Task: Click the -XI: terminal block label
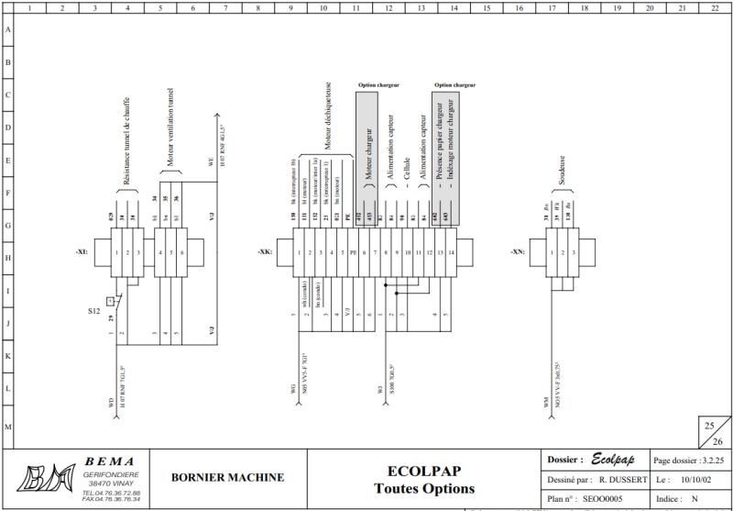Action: pyautogui.click(x=82, y=250)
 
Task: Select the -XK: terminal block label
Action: pyautogui.click(x=264, y=250)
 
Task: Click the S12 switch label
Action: pyautogui.click(x=94, y=312)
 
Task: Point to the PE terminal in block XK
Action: pyautogui.click(x=353, y=251)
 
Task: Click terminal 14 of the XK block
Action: pyautogui.click(x=452, y=251)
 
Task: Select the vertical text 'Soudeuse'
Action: pyautogui.click(x=561, y=172)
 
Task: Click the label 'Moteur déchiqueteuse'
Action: pyautogui.click(x=328, y=115)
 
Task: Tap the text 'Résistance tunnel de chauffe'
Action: pyautogui.click(x=126, y=142)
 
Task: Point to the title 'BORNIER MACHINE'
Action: pyautogui.click(x=227, y=477)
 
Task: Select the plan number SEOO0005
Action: pyautogui.click(x=603, y=499)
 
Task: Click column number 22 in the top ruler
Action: pyautogui.click(x=715, y=7)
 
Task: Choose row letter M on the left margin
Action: pyautogui.click(x=8, y=428)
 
